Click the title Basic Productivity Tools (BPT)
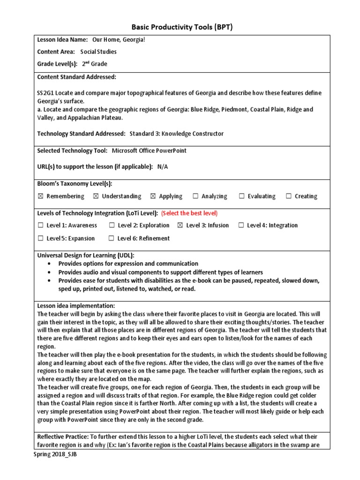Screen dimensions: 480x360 (180, 27)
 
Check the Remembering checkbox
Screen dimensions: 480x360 (40, 196)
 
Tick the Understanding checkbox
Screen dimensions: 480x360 (96, 196)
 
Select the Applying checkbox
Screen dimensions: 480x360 (153, 196)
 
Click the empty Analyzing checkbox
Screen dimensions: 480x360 (195, 196)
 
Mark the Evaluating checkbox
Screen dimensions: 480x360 (241, 196)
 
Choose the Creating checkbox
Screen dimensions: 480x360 (289, 196)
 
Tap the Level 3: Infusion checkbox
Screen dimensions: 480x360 (180, 225)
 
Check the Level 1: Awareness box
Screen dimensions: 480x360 (40, 225)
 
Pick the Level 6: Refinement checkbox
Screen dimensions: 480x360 (111, 239)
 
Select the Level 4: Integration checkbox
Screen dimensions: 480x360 (241, 225)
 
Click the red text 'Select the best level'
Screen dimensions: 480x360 (189, 213)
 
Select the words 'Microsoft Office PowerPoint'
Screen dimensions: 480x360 (149, 150)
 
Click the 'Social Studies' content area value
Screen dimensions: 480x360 (98, 52)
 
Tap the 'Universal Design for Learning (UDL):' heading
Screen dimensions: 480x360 (86, 255)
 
